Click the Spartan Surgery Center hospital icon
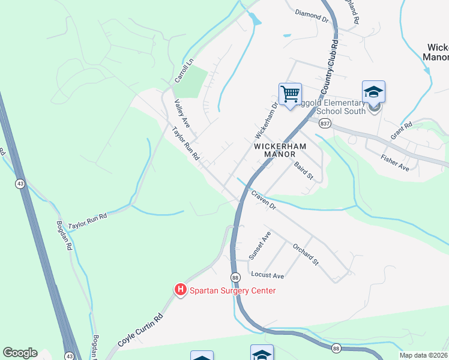pyautogui.click(x=180, y=290)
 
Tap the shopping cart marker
pyautogui.click(x=289, y=94)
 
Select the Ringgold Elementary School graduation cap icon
pyautogui.click(x=373, y=92)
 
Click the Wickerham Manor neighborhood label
pyautogui.click(x=280, y=150)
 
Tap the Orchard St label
pyautogui.click(x=305, y=254)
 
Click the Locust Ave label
pyautogui.click(x=267, y=275)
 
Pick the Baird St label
pyautogui.click(x=304, y=170)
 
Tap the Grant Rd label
pyautogui.click(x=401, y=130)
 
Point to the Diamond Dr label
pyautogui.click(x=313, y=16)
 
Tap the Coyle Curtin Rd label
pyautogui.click(x=141, y=331)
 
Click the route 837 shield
pyautogui.click(x=325, y=124)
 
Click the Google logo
pyautogui.click(x=20, y=353)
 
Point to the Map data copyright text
pyautogui.click(x=424, y=355)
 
